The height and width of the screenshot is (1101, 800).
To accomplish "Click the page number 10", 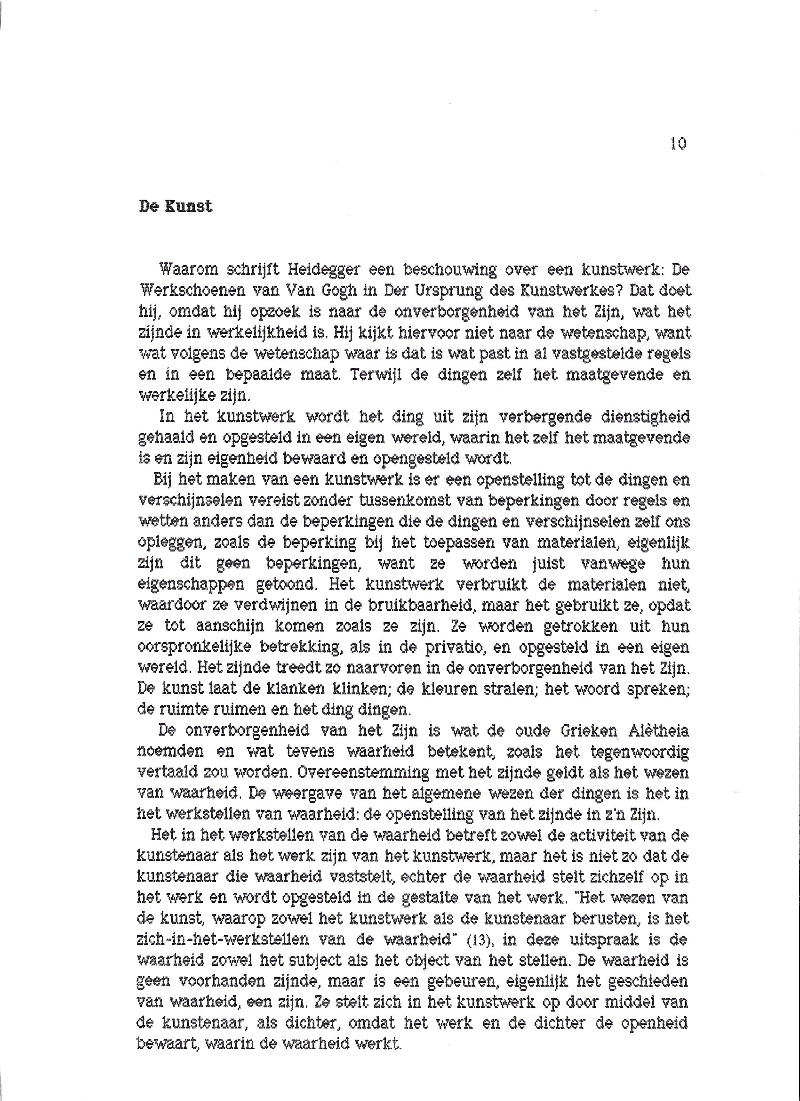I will tap(678, 144).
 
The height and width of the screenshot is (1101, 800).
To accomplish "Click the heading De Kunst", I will tap(176, 206).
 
